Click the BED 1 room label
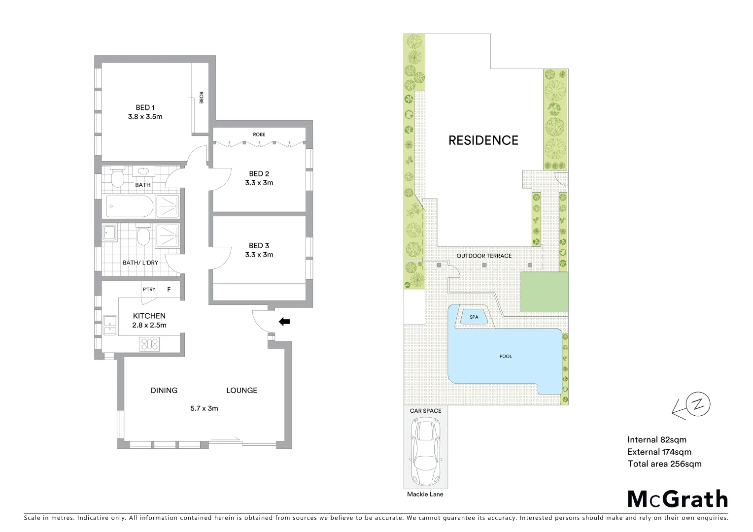point(145,107)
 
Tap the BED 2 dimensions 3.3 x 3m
point(259,183)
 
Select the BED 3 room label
point(259,245)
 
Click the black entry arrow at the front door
point(284,322)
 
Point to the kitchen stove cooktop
point(150,343)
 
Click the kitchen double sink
point(109,325)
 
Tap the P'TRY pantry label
point(149,289)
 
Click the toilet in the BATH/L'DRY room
point(143,235)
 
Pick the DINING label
point(164,390)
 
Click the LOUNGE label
point(241,390)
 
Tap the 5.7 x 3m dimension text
point(204,408)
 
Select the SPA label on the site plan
point(474,317)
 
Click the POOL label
point(506,356)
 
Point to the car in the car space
point(425,451)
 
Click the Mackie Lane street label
point(425,494)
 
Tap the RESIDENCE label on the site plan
point(483,140)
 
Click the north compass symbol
point(698,405)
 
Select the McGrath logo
point(677,499)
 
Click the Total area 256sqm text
point(664,464)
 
